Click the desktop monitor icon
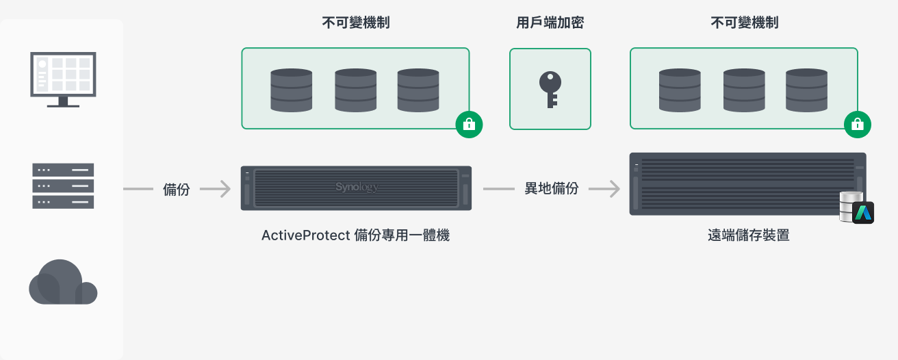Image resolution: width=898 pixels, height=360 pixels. point(62,79)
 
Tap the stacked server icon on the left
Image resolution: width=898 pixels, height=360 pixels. point(62,185)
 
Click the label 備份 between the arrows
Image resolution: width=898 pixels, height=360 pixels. point(177,190)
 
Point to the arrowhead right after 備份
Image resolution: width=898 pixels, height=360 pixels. point(224,189)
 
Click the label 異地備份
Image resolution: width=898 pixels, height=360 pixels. point(552,189)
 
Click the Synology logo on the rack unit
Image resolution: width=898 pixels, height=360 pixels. point(357,187)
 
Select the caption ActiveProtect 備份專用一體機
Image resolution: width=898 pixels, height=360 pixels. point(355,235)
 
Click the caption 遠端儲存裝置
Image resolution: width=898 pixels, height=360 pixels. point(748,235)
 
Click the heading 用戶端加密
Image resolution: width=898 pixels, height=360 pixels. point(550,23)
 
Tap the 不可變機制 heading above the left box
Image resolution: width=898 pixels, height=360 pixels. point(356,23)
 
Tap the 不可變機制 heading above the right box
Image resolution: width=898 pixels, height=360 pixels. point(745,23)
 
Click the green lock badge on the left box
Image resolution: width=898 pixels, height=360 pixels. point(469,125)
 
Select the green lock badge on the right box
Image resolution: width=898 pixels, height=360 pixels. point(857,125)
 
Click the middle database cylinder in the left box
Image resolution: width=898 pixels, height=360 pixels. point(355,90)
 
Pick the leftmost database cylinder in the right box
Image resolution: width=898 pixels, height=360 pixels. point(680,90)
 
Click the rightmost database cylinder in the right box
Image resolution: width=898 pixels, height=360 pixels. point(806,90)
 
